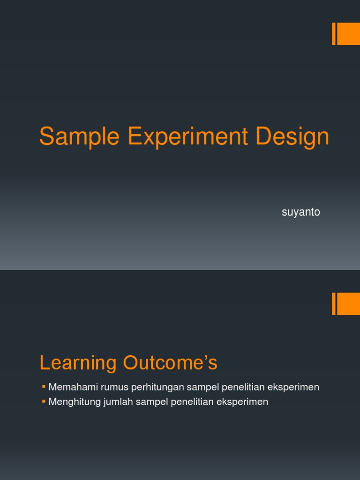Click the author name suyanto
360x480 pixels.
301,212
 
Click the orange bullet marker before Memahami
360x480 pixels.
44,387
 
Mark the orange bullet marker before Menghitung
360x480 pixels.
44,401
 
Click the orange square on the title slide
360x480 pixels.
348,34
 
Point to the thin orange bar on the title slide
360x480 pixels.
334,34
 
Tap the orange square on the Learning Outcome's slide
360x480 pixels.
348,304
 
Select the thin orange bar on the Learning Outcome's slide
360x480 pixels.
334,304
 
